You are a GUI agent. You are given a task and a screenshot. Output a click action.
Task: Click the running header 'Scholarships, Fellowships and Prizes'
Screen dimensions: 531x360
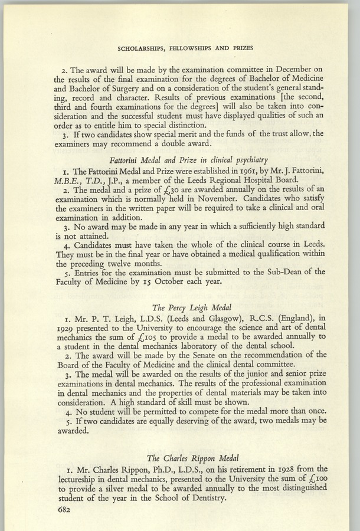click(180, 46)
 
